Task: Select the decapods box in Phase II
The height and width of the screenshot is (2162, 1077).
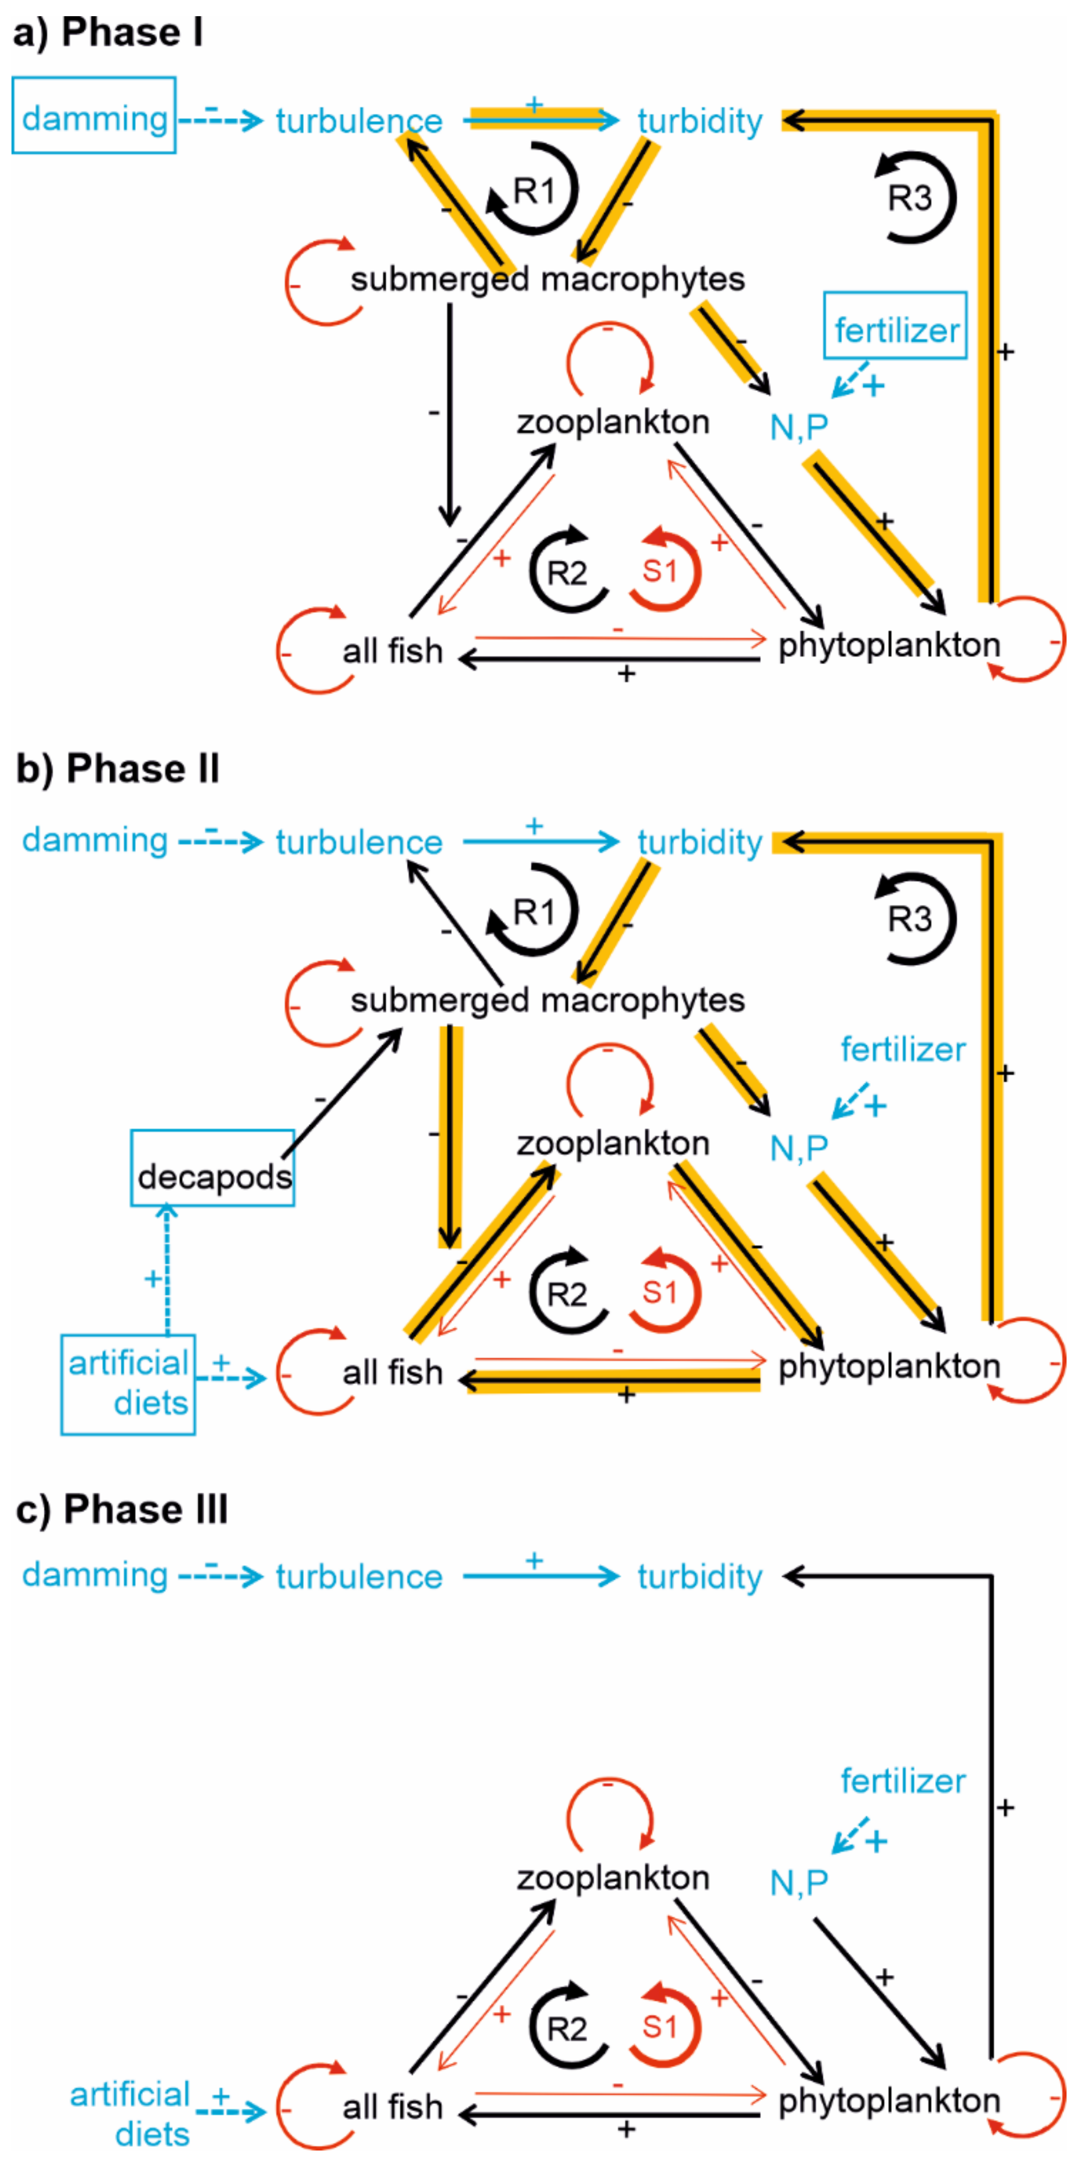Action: click(x=213, y=1168)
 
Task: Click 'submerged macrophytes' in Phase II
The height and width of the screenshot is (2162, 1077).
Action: click(x=547, y=1000)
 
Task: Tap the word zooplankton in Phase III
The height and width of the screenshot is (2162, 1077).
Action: click(x=613, y=1877)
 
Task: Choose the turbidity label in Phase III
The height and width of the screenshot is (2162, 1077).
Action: click(x=700, y=1576)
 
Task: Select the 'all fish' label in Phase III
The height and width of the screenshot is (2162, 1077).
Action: click(x=392, y=2107)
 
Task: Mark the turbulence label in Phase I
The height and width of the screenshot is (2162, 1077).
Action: click(x=359, y=121)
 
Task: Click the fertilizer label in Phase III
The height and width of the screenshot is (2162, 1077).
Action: click(x=903, y=1781)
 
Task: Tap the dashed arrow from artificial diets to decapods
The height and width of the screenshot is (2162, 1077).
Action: click(x=167, y=1270)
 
